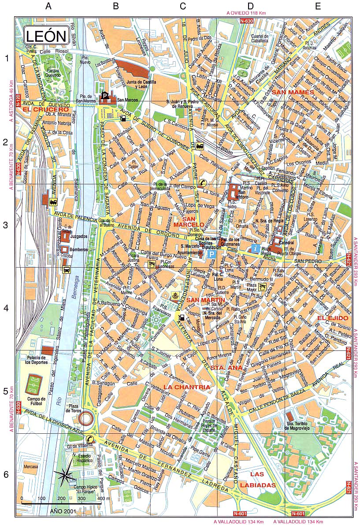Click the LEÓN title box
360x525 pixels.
tap(46, 36)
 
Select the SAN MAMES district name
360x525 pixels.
tap(293, 92)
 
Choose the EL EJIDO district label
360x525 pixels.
tap(333, 317)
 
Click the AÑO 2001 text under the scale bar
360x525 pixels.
tap(62, 511)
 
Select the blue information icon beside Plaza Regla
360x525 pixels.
tap(255, 249)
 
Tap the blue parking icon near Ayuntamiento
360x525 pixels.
tap(212, 254)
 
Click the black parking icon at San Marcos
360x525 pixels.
tap(105, 95)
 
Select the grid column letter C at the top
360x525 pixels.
tap(182, 6)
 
